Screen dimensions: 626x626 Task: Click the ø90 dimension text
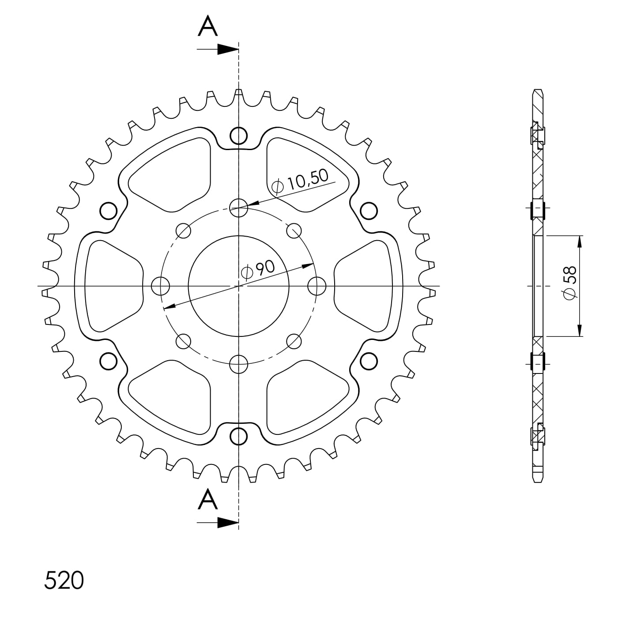(258, 270)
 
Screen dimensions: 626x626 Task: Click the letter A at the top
(208, 27)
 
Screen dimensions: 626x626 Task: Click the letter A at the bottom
(208, 500)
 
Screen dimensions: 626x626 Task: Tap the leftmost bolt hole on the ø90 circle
(160, 286)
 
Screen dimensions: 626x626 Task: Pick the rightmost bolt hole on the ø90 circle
(317, 286)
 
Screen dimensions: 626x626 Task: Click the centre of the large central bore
(238, 286)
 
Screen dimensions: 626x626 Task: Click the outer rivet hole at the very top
(238, 135)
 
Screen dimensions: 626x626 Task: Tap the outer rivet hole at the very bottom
(238, 436)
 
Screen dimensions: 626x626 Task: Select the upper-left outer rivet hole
(108, 211)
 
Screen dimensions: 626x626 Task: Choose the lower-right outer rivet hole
(369, 361)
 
